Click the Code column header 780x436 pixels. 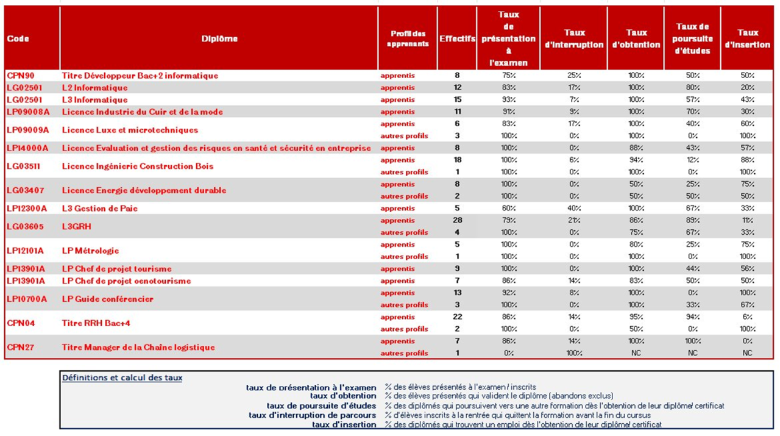click(x=18, y=39)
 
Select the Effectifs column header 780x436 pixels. click(x=457, y=39)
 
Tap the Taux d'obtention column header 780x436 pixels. click(x=636, y=39)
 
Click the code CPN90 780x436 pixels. click(x=21, y=76)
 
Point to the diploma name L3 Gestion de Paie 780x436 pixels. click(x=100, y=209)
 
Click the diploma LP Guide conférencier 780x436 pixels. click(x=108, y=299)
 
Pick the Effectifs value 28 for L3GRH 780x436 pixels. click(x=458, y=220)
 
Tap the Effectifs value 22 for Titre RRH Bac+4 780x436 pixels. click(x=458, y=317)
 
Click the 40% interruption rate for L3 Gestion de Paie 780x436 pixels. click(x=574, y=209)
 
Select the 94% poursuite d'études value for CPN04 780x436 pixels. click(x=692, y=317)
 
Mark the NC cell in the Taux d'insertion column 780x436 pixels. click(x=748, y=353)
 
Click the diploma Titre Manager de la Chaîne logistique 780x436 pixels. click(x=138, y=348)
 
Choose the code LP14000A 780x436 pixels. click(x=27, y=148)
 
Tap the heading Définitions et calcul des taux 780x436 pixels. click(x=122, y=378)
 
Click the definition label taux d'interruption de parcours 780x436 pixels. click(x=313, y=415)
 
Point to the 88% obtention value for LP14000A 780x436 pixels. click(x=636, y=148)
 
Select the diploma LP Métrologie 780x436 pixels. click(x=90, y=251)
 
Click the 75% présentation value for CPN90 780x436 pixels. click(x=509, y=76)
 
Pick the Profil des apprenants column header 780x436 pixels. click(x=408, y=39)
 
